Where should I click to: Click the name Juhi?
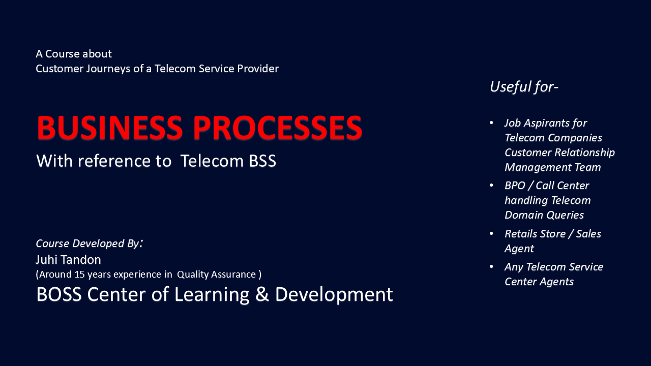(x=47, y=260)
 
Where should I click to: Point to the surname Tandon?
(x=81, y=260)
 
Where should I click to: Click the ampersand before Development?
(x=262, y=295)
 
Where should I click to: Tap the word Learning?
(x=212, y=295)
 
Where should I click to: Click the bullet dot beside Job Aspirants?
(x=491, y=123)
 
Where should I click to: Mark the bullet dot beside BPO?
(x=491, y=186)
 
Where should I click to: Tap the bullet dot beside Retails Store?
(x=491, y=234)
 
